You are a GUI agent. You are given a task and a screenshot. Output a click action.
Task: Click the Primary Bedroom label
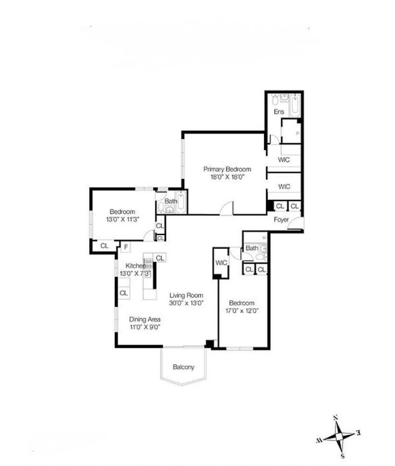coord(227,170)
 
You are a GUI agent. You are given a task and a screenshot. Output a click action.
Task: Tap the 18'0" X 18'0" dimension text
coord(227,177)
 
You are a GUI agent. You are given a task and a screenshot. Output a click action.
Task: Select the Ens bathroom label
coord(278,112)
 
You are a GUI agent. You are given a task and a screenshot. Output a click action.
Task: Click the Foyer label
coord(281,219)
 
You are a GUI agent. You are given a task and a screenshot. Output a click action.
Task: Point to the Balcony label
coord(183,367)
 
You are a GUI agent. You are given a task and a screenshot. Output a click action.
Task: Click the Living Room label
coord(186,295)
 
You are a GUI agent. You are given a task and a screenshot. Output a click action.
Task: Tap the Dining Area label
coord(145,320)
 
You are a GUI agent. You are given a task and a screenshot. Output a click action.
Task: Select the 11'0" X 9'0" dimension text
coord(145,327)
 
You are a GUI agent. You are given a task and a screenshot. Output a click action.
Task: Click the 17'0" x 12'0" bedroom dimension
coord(241,310)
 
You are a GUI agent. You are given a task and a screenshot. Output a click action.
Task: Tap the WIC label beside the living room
coord(221,263)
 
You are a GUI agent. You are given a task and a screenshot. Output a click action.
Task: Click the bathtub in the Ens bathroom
coord(295,105)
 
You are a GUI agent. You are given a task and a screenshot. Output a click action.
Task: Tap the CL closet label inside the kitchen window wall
coord(123,293)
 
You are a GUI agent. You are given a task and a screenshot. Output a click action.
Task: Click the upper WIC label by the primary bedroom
coord(284,160)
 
